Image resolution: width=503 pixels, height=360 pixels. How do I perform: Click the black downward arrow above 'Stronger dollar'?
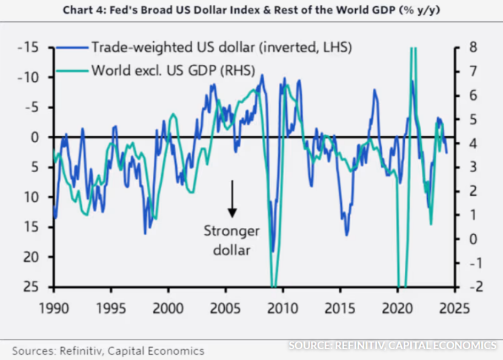232,198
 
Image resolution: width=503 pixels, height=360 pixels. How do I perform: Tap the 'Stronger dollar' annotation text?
232,240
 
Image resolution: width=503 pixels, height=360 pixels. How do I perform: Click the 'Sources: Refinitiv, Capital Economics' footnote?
108,350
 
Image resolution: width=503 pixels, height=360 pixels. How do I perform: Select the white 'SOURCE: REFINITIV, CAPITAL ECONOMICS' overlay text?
391,345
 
